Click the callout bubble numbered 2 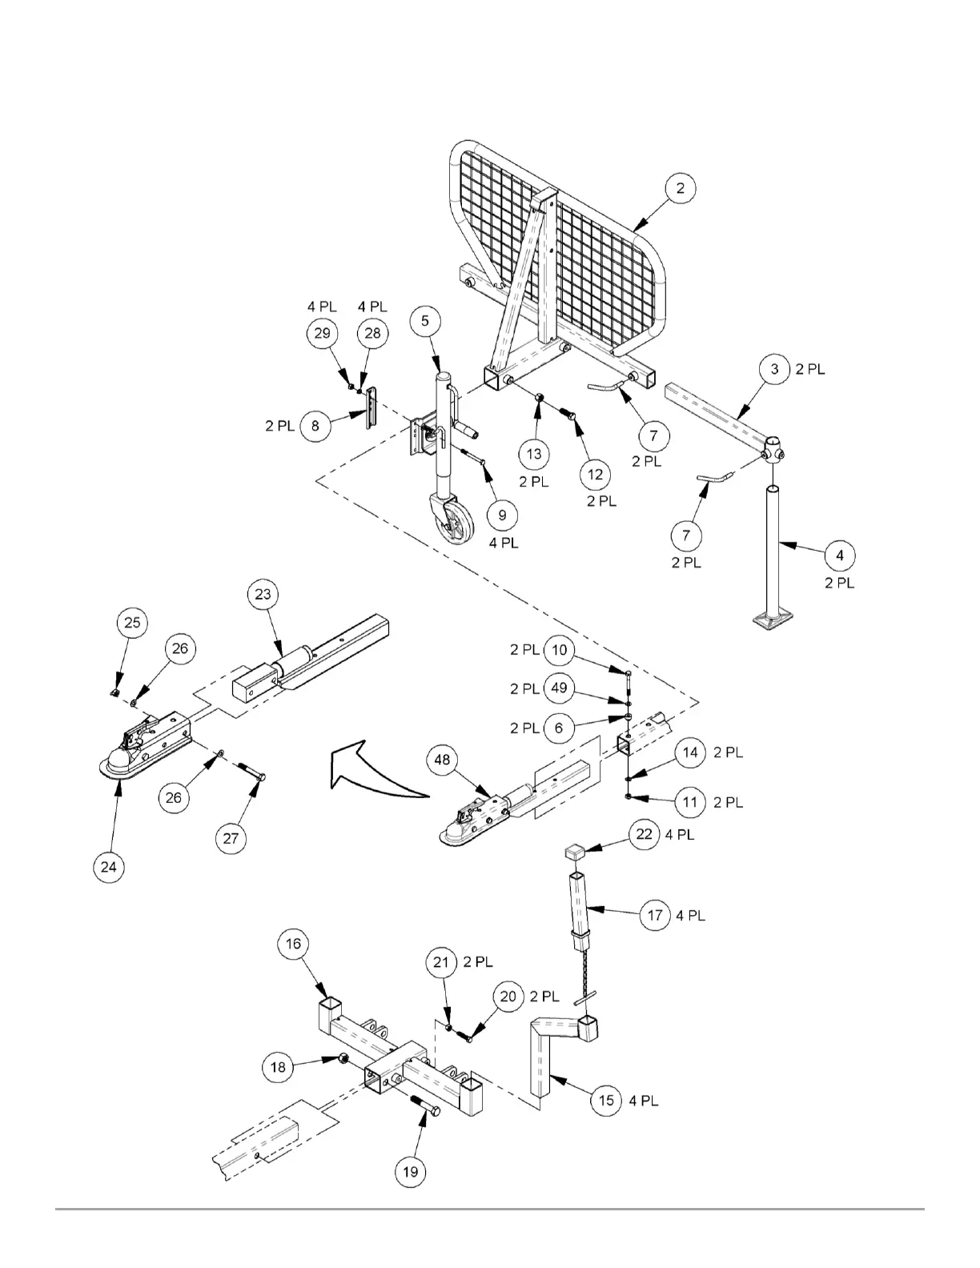click(680, 189)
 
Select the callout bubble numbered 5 click(425, 320)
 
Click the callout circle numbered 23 click(263, 594)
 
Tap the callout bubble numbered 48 click(443, 760)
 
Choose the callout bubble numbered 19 click(410, 1172)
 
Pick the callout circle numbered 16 click(293, 944)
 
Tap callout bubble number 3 click(774, 369)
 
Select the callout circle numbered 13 click(534, 454)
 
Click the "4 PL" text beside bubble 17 click(691, 915)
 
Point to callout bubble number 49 click(559, 688)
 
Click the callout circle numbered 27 click(231, 838)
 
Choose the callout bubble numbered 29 click(322, 333)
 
